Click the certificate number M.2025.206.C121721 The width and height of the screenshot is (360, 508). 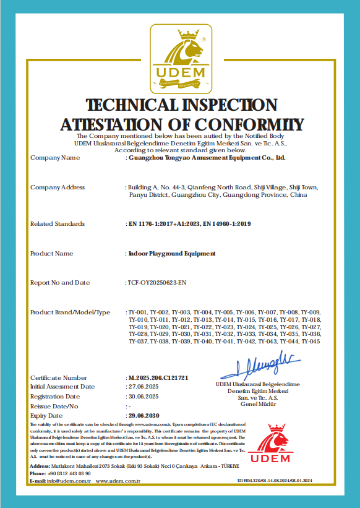pos(158,377)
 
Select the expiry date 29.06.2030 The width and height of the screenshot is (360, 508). pos(144,415)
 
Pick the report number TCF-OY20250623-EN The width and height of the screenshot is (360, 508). pos(156,283)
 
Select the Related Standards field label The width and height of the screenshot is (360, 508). pos(58,224)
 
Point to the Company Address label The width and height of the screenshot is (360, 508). pos(58,187)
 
